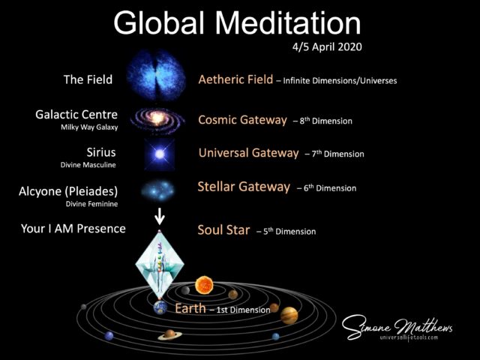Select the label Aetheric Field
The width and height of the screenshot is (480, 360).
click(x=234, y=79)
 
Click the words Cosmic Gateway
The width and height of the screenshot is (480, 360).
click(x=242, y=119)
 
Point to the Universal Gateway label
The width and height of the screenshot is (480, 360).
click(x=248, y=153)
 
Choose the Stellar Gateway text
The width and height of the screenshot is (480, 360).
click(x=243, y=187)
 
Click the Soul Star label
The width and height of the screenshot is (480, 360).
click(x=223, y=230)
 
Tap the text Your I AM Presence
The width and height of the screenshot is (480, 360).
click(x=73, y=228)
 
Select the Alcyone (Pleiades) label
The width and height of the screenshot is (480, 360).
click(x=68, y=191)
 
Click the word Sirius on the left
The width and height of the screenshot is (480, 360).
click(x=100, y=152)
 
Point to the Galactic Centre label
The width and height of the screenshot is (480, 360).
click(x=76, y=115)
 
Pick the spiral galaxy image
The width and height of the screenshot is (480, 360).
click(x=157, y=118)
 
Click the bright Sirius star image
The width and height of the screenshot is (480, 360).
click(x=158, y=154)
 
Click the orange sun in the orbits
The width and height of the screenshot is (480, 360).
click(x=203, y=285)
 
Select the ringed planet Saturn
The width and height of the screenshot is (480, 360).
click(x=170, y=334)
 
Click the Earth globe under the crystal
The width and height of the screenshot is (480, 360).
click(x=160, y=307)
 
